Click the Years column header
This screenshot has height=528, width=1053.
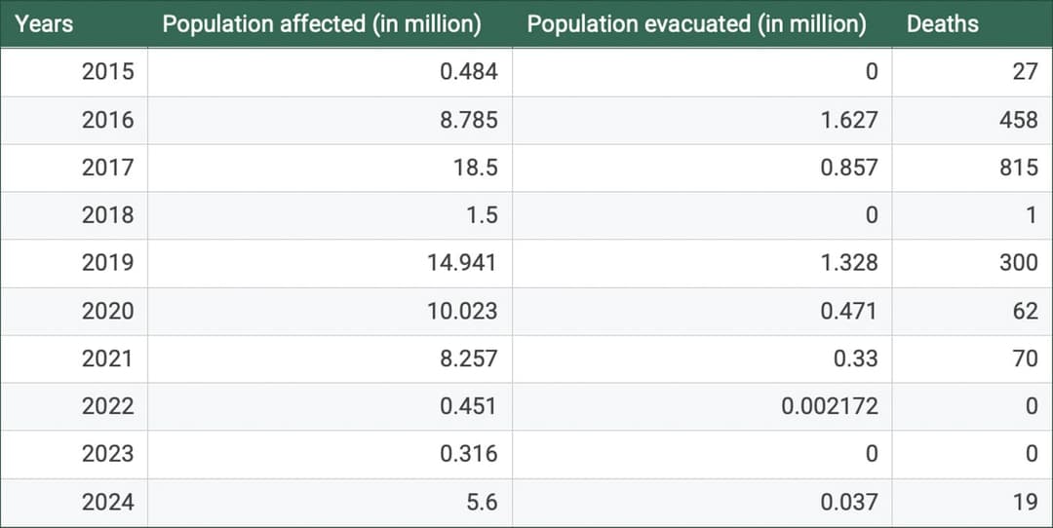45,23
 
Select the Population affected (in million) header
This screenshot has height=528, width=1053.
322,24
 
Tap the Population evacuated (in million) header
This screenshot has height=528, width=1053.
696,24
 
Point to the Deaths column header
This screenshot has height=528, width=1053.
942,23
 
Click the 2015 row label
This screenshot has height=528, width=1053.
108,72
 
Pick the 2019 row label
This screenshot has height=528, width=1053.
108,263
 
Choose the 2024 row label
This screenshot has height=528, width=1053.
108,503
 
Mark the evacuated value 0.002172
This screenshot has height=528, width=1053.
829,406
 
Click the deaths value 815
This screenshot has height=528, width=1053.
1019,168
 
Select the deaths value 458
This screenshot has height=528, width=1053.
1019,120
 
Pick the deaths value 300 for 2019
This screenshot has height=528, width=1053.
1019,263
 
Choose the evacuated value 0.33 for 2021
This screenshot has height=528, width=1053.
857,358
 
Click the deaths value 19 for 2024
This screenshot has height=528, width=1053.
1025,503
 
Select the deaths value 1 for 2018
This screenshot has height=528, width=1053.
1031,215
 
